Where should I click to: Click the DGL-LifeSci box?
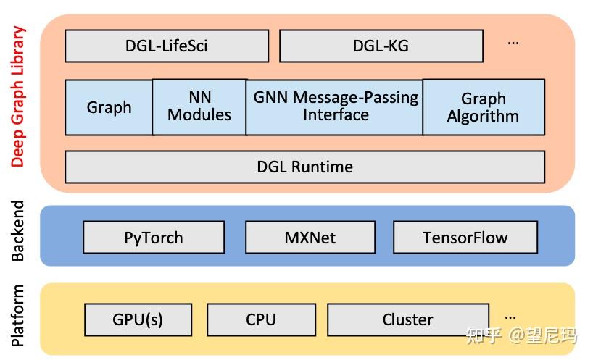click(167, 46)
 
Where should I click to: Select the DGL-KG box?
click(381, 46)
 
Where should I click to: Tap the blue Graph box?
click(109, 107)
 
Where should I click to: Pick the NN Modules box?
click(199, 106)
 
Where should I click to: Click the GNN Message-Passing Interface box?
click(335, 106)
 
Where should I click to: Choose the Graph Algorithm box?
click(483, 107)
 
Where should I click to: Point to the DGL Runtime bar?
click(304, 167)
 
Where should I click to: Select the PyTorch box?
click(154, 238)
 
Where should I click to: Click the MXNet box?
click(310, 238)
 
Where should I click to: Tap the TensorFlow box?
click(465, 238)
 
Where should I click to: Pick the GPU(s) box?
click(138, 319)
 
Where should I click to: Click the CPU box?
click(261, 319)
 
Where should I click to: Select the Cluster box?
click(407, 319)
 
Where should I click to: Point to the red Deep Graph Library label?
click(18, 96)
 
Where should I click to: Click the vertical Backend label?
click(18, 231)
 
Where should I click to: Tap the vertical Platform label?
click(18, 316)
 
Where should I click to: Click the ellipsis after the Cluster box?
click(510, 317)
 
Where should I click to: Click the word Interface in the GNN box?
click(336, 115)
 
